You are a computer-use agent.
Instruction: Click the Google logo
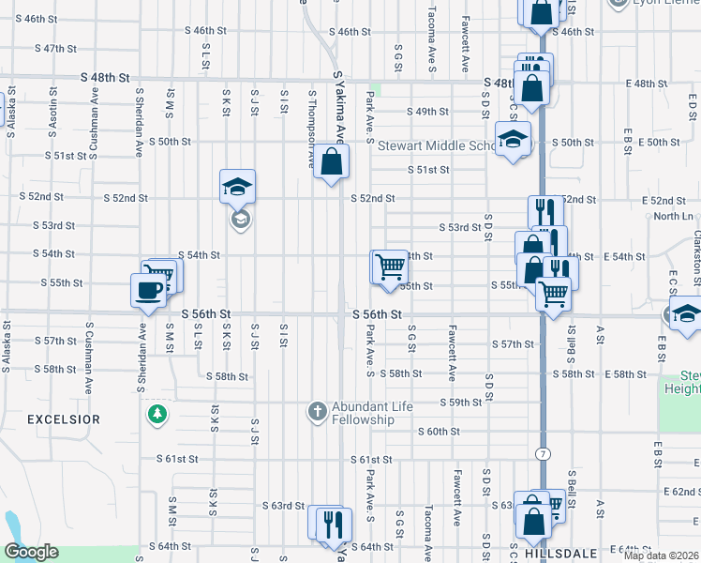[31, 552]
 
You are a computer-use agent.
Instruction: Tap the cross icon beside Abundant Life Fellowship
[318, 411]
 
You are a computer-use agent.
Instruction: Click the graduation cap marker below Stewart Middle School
[513, 140]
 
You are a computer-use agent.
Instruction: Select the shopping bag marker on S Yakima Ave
[332, 162]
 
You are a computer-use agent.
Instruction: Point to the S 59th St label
[461, 403]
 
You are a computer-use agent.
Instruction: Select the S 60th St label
[439, 432]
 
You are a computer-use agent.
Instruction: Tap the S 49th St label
[427, 112]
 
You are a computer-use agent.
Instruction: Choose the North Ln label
[673, 217]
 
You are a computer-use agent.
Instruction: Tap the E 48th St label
[657, 84]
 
